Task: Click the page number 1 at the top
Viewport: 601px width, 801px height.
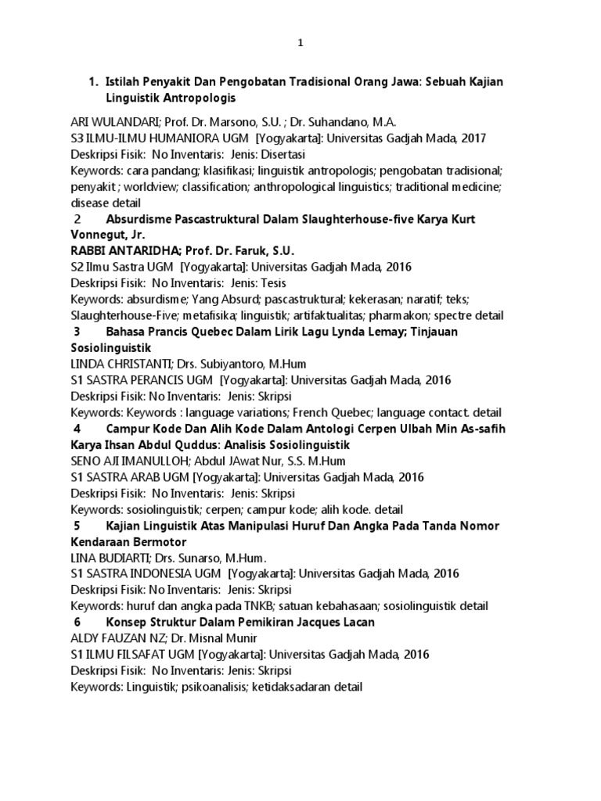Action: [x=300, y=45]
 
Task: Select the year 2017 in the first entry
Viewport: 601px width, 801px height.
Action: [x=472, y=138]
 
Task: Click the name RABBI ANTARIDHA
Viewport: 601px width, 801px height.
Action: [x=122, y=250]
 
